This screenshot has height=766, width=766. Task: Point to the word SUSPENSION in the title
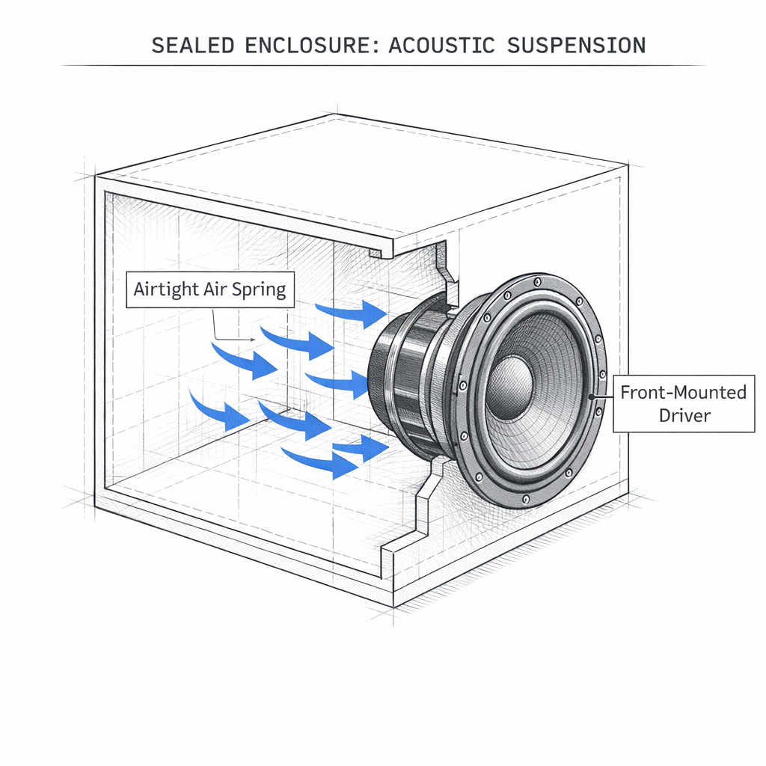[576, 45]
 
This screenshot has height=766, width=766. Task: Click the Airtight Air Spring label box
[209, 289]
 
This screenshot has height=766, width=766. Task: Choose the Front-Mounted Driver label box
[684, 404]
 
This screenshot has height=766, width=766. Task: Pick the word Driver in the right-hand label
[684, 415]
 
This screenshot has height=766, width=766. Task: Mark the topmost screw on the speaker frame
[537, 283]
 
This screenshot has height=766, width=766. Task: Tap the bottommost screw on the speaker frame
[527, 499]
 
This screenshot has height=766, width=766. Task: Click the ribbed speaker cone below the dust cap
[524, 434]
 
